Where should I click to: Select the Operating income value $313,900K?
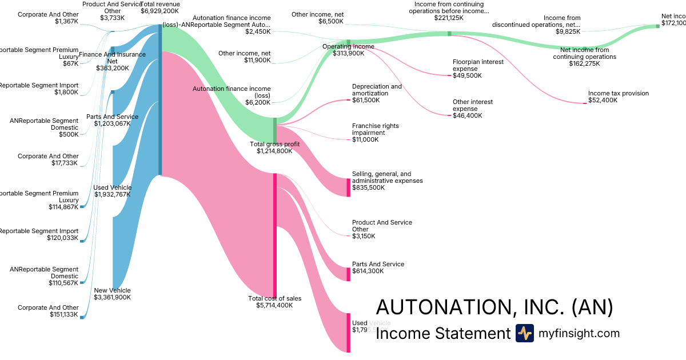coord(348,53)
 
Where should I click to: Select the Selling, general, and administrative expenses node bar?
coord(348,187)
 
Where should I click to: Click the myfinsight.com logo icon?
coord(524,333)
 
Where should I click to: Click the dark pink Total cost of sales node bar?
coord(275,234)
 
